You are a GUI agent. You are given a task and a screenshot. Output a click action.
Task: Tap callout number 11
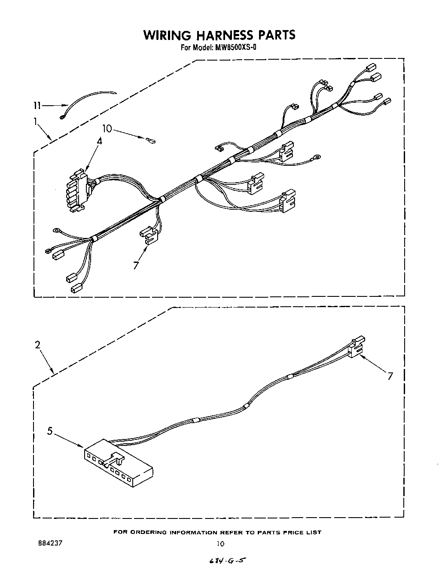[x=37, y=105]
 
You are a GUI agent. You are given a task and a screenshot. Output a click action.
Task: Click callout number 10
[x=107, y=128]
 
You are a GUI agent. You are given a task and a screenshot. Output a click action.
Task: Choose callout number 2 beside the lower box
[x=38, y=344]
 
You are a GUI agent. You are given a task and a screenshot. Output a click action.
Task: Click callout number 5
[x=50, y=431]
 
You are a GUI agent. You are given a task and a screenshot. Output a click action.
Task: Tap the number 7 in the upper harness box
[x=136, y=265]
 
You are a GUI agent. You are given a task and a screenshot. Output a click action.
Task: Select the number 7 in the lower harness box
[x=390, y=376]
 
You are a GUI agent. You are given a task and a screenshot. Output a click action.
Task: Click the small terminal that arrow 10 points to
[x=151, y=139]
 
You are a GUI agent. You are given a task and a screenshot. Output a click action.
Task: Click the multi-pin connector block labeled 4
[x=76, y=190]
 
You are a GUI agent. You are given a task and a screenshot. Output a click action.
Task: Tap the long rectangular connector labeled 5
[x=118, y=463]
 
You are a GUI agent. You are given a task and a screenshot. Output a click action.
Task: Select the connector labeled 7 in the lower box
[x=356, y=347]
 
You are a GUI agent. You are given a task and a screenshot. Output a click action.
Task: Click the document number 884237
[x=50, y=543]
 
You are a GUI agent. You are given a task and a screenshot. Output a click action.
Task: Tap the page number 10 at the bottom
[x=220, y=544]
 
